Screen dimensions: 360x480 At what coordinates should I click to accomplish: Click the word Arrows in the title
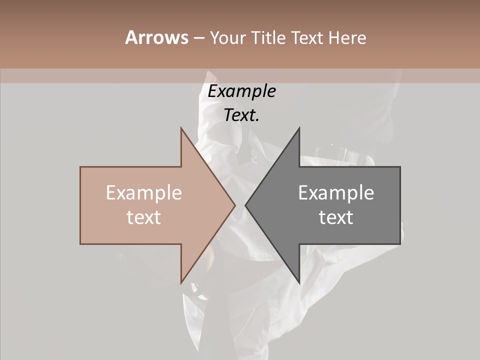pyautogui.click(x=156, y=37)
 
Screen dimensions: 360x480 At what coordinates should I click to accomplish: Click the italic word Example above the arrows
pyautogui.click(x=241, y=91)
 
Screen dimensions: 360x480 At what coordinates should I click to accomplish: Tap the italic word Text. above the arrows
pyautogui.click(x=241, y=115)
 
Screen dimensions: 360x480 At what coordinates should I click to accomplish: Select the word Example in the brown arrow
pyautogui.click(x=144, y=193)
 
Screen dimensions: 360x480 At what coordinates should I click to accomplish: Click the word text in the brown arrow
pyautogui.click(x=144, y=217)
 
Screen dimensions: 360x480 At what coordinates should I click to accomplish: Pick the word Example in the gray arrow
pyautogui.click(x=336, y=193)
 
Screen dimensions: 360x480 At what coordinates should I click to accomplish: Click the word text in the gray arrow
pyautogui.click(x=336, y=217)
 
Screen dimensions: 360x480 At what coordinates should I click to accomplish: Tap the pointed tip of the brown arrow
pyautogui.click(x=235, y=205)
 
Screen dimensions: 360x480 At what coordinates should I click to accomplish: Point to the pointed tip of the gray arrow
pyautogui.click(x=245, y=205)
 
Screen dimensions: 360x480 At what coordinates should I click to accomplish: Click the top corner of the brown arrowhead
pyautogui.click(x=181, y=127)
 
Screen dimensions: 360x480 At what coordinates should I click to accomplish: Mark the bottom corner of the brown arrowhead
pyautogui.click(x=181, y=283)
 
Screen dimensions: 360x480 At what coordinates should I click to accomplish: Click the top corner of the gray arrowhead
pyautogui.click(x=299, y=127)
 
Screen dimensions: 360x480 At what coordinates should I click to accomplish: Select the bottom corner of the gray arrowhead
pyautogui.click(x=299, y=283)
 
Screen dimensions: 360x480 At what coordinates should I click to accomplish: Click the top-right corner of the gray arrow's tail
pyautogui.click(x=400, y=167)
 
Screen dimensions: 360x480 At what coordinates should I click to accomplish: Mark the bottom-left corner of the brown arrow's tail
pyautogui.click(x=80, y=244)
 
